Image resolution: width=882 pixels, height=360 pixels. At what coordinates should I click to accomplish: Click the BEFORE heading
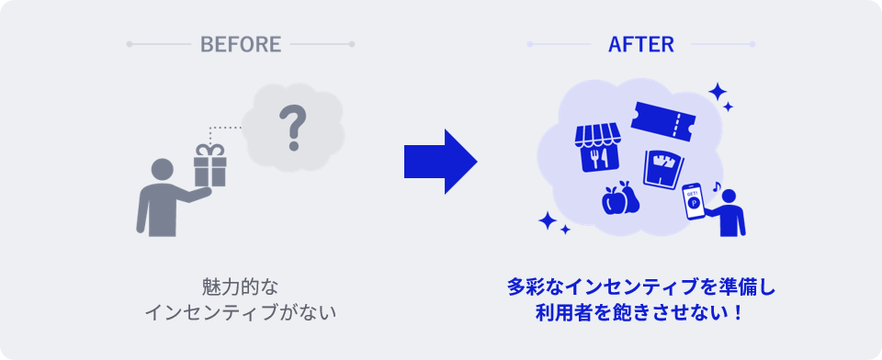tap(241, 44)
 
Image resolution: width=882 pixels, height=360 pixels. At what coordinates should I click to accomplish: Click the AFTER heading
tap(640, 44)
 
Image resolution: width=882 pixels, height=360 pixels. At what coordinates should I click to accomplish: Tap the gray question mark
tap(292, 129)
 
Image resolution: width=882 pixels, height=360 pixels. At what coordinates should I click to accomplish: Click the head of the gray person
tap(162, 169)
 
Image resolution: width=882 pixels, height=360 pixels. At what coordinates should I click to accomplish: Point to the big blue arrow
tap(440, 162)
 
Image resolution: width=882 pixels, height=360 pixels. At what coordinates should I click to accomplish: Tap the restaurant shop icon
tap(597, 147)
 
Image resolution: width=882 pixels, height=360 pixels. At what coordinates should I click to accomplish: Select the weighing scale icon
tap(663, 168)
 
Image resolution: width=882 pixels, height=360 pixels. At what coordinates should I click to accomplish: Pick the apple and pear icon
tap(620, 198)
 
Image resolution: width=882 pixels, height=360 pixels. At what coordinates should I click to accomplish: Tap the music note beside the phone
tap(716, 186)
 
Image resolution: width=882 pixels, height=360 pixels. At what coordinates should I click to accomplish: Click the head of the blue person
tap(729, 197)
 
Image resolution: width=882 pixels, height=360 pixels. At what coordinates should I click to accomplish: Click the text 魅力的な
tap(240, 287)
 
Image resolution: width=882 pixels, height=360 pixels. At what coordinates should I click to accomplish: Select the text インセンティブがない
tap(241, 313)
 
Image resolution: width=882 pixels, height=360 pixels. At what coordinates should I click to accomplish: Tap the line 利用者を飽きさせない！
tap(640, 313)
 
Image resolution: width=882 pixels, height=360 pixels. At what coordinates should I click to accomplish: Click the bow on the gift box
tap(209, 151)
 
